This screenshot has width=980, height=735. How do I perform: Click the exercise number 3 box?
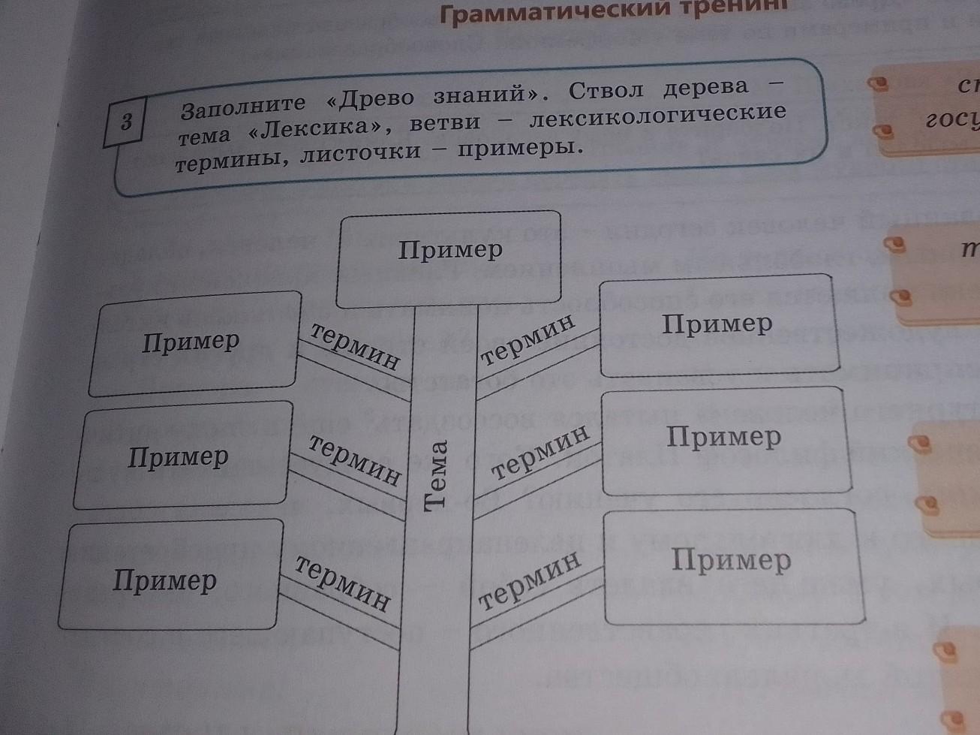point(127,121)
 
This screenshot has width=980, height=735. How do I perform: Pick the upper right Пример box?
point(719,327)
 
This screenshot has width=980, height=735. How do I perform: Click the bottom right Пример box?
point(731,565)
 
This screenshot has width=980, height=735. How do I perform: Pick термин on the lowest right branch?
point(530,580)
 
